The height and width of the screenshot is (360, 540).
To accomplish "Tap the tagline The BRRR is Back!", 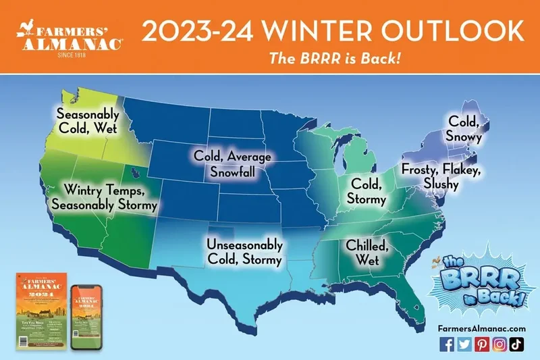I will (x=335, y=57).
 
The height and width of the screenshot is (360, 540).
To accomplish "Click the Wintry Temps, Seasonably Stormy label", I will (x=111, y=196).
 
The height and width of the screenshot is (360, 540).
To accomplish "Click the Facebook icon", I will (x=447, y=344).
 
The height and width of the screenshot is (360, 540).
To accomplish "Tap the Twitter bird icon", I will (x=464, y=344).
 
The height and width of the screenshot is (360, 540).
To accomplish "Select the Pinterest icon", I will (x=481, y=344).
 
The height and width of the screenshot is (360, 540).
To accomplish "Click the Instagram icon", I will (x=498, y=344).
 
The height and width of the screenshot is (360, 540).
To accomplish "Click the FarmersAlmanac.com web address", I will (x=481, y=328).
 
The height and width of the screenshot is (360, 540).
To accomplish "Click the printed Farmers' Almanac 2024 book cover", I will (x=41, y=311).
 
